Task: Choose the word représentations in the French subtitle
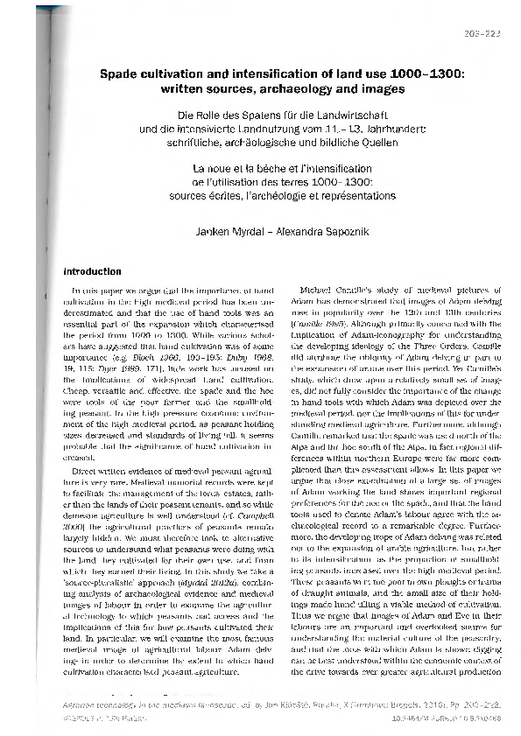click(354, 193)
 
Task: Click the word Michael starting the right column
click(316, 288)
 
